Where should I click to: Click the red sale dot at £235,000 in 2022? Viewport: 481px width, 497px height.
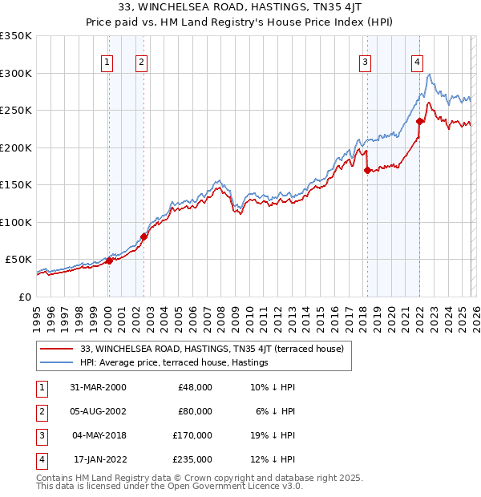tap(419, 122)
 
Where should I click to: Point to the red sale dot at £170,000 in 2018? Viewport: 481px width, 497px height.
tap(367, 170)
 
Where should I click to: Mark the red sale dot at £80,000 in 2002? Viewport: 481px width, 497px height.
tap(143, 236)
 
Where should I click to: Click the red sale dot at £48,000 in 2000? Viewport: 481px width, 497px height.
tap(110, 261)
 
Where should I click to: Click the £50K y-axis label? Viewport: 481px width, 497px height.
tap(18, 260)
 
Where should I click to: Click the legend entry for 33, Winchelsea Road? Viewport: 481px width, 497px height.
tap(212, 349)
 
